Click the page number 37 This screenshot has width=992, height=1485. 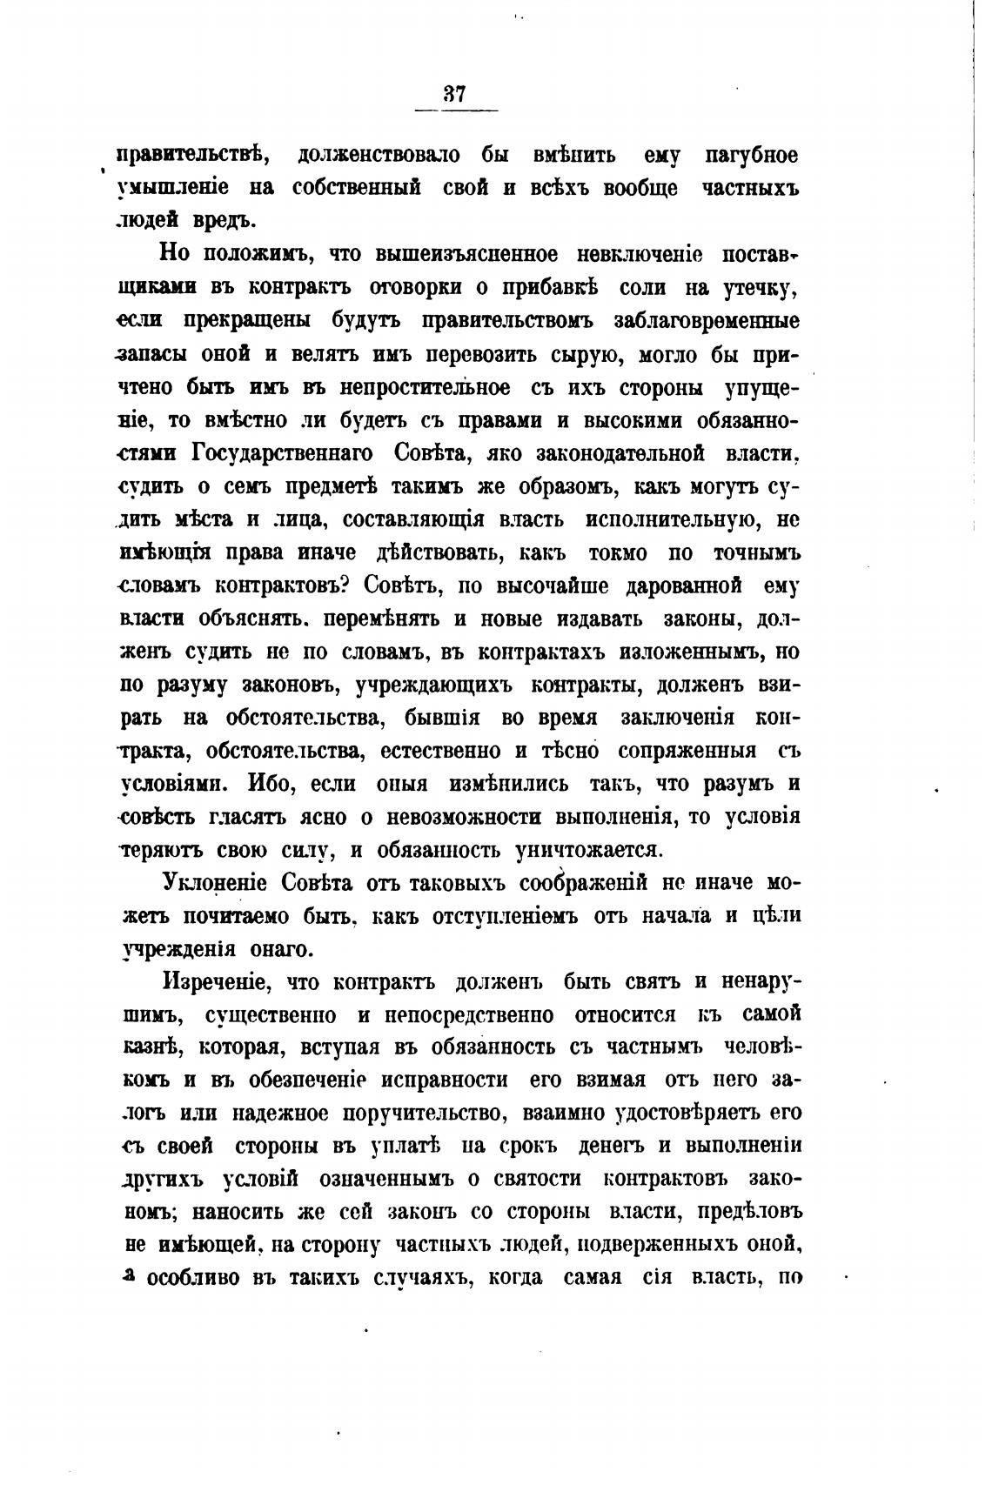click(455, 94)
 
